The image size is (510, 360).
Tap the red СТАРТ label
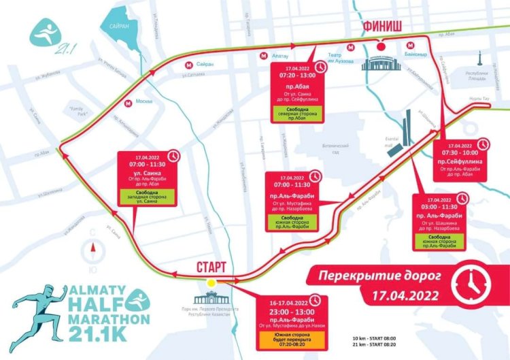tap(211, 265)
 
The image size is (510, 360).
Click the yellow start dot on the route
tap(211, 282)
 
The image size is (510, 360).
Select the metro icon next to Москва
tap(128, 103)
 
